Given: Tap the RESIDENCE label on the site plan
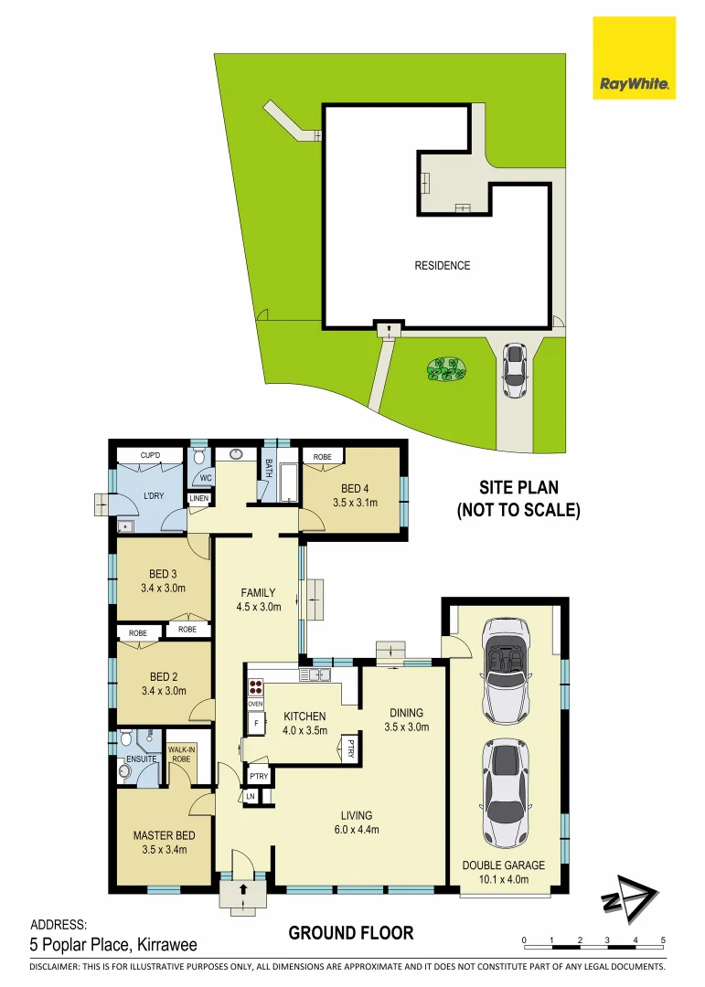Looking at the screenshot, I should (x=443, y=266).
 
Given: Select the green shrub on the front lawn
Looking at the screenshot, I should (x=446, y=368).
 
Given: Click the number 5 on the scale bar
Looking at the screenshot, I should (x=663, y=939).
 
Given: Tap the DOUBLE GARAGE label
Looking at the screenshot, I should (x=503, y=865).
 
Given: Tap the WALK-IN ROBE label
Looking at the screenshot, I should (x=182, y=754).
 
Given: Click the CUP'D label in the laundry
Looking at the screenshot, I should (x=151, y=455).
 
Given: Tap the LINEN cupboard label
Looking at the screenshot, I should (x=198, y=498).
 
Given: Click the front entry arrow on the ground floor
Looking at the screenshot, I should (x=243, y=888).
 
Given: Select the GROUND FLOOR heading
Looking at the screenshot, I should (x=351, y=933).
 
